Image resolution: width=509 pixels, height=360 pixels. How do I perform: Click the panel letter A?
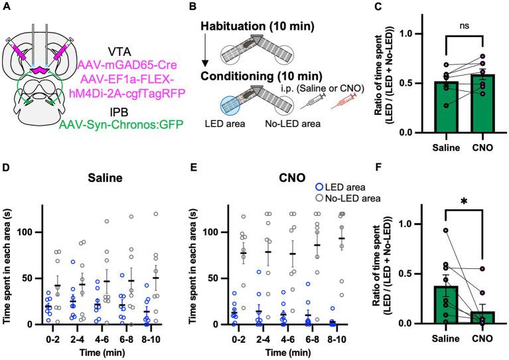pyautogui.click(x=7, y=7)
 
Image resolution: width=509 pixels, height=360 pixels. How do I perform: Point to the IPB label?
pyautogui.click(x=119, y=110)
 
